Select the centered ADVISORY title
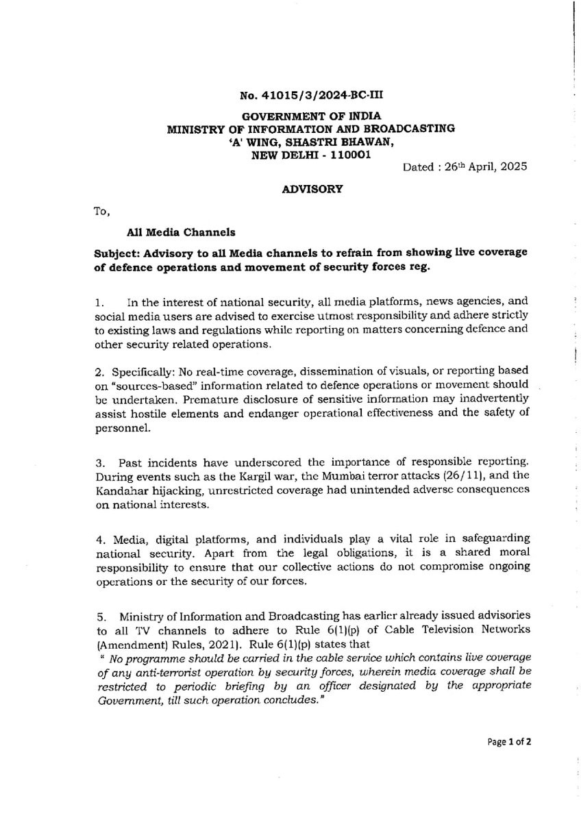312,189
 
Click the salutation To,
101,212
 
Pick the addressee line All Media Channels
171,233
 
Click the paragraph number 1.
99,301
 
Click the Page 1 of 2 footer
509,741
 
